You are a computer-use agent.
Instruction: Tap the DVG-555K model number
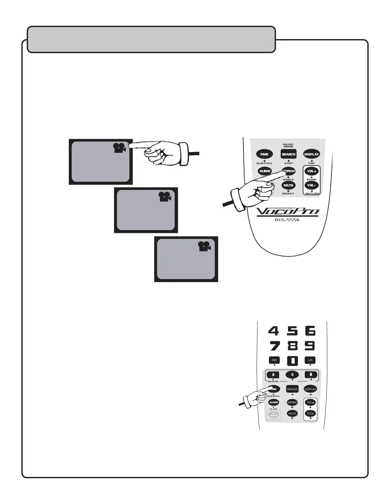[x=287, y=220]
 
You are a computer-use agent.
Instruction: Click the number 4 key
[x=273, y=331]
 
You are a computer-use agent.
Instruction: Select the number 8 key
[x=292, y=346]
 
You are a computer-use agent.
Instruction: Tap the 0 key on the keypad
[x=292, y=361]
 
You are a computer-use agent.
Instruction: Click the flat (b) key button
[x=273, y=374]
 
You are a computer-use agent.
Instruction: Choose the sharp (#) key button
[x=311, y=374]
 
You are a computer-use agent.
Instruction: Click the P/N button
[x=274, y=360]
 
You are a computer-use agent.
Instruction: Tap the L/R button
[x=310, y=360]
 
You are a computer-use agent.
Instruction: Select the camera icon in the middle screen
[x=165, y=197]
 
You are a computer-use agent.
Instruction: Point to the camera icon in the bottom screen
[x=205, y=246]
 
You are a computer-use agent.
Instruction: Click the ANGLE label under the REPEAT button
[x=288, y=180]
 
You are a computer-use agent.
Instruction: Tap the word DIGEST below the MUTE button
[x=288, y=193]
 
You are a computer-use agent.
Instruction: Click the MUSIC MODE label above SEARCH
[x=288, y=145]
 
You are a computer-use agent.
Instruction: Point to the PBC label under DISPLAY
[x=312, y=163]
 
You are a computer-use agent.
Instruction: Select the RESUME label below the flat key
[x=273, y=381]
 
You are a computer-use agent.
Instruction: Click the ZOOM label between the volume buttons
[x=311, y=180]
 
